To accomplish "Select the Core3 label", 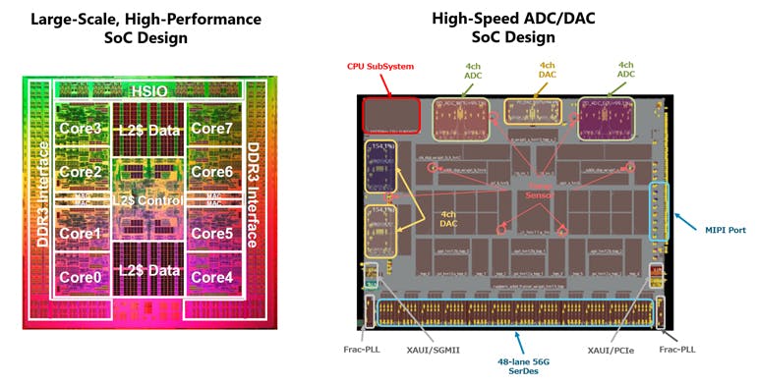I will pyautogui.click(x=81, y=129).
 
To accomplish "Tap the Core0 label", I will pyautogui.click(x=81, y=277).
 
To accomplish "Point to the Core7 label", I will pyautogui.click(x=211, y=129).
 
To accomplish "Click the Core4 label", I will pyautogui.click(x=211, y=277).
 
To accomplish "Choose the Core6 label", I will pyautogui.click(x=211, y=172).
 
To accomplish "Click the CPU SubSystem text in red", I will pyautogui.click(x=379, y=67).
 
